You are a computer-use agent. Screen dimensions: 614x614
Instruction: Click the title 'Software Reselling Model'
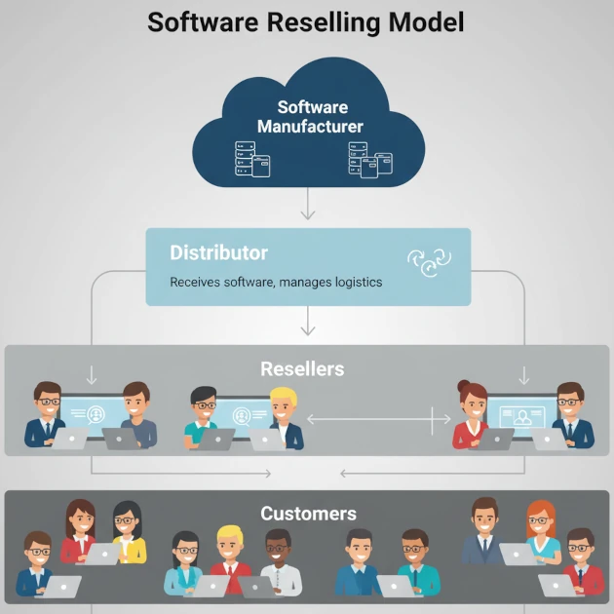tap(306, 22)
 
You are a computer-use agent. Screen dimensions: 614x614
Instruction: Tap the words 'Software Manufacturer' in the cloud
tap(311, 117)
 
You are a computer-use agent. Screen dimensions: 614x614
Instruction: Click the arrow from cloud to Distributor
tap(308, 205)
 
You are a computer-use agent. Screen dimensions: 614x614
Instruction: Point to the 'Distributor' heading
tap(218, 252)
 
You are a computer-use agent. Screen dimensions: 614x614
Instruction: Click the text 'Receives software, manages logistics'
tap(276, 283)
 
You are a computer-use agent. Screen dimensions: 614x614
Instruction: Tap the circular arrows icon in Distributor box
tap(429, 260)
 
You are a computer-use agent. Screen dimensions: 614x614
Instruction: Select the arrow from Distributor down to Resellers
tap(308, 321)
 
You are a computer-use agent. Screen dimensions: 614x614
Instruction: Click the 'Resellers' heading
tap(302, 369)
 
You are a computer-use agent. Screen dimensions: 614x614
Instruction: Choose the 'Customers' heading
tap(308, 514)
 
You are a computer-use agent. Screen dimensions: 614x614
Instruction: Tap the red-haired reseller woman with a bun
tap(472, 413)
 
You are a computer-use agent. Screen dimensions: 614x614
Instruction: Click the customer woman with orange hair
tap(541, 532)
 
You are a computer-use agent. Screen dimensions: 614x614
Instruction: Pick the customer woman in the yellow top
tap(128, 531)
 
